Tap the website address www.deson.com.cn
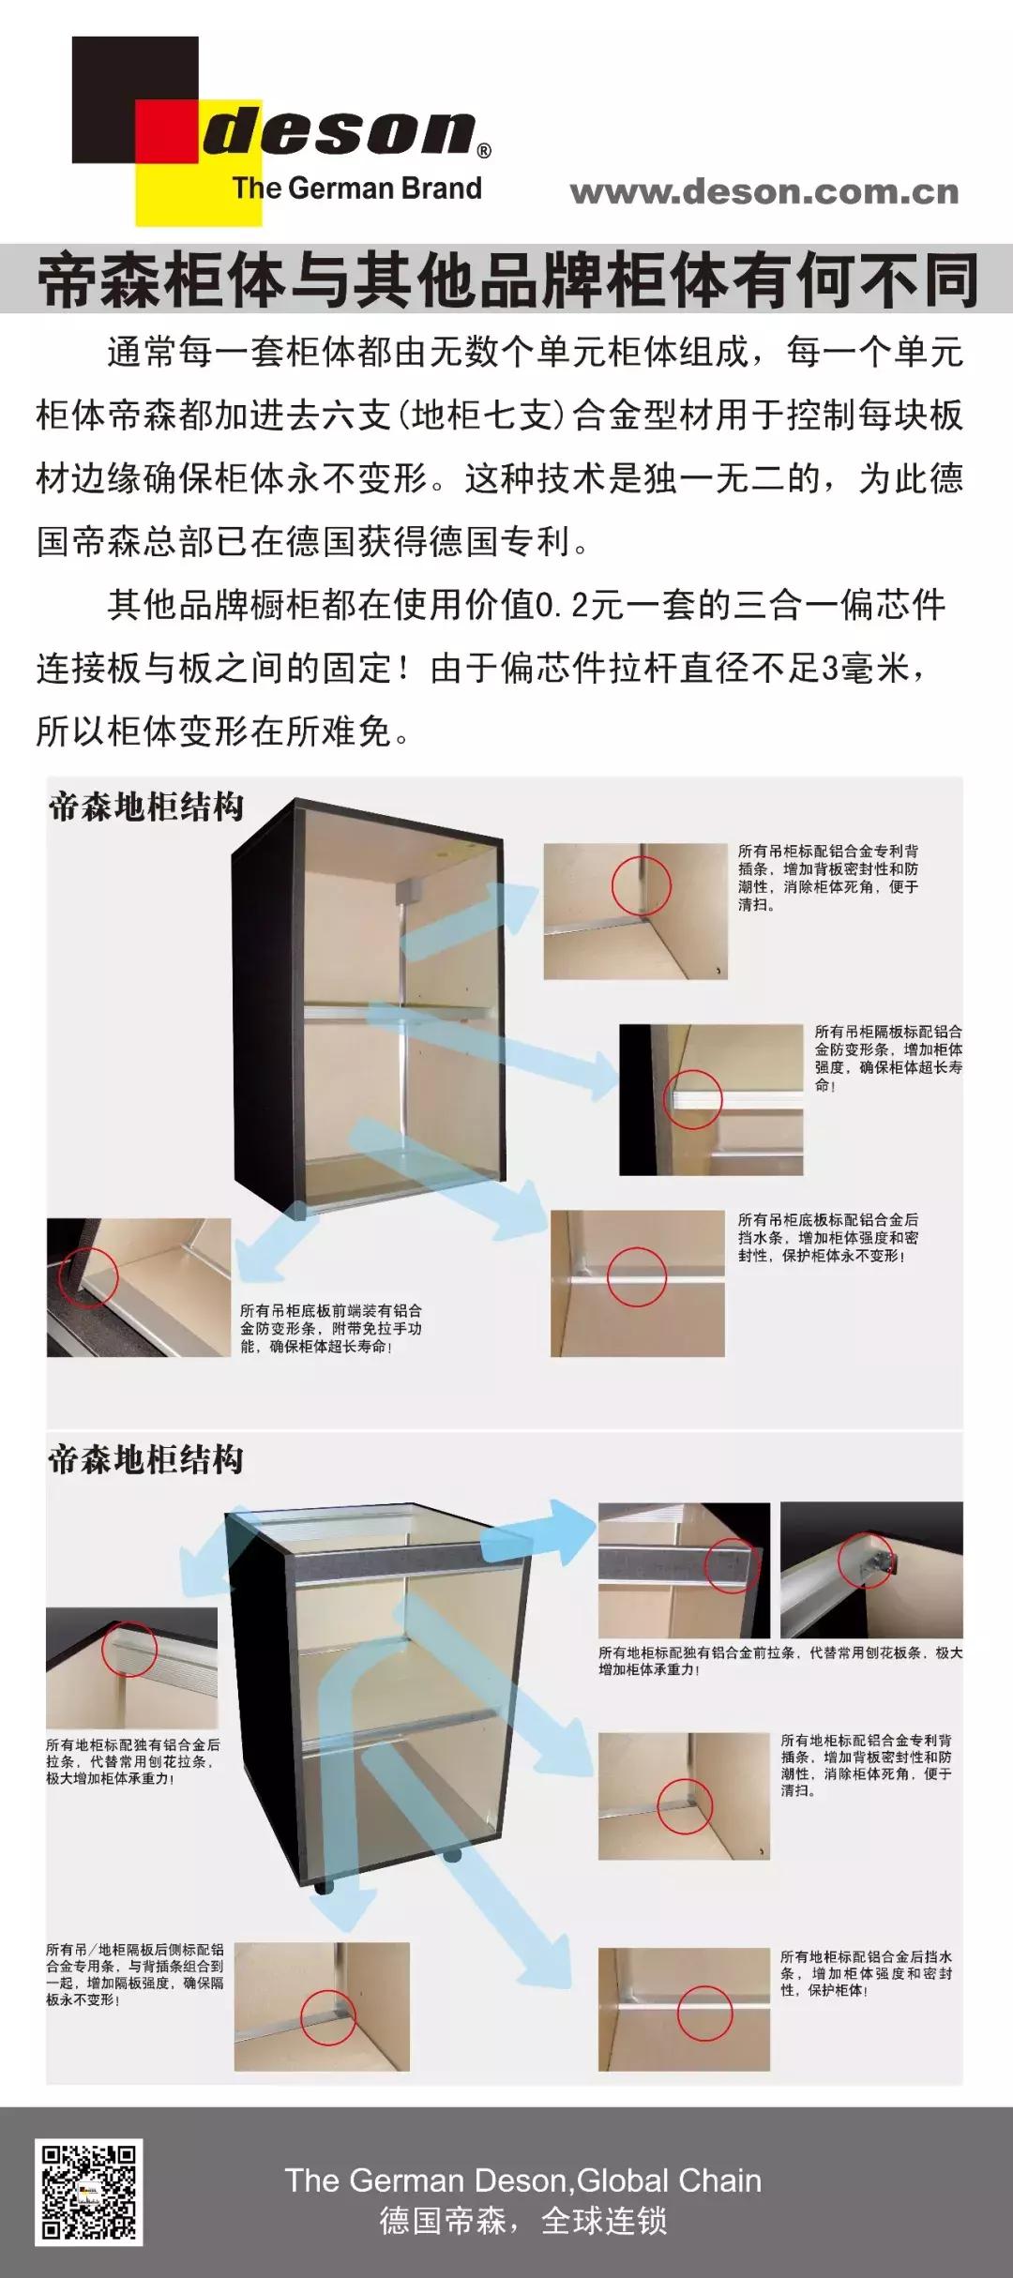pos(764,191)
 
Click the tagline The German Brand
pos(356,188)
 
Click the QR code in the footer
pos(87,2192)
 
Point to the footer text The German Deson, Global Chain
pos(522,2180)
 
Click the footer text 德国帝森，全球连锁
pos(522,2220)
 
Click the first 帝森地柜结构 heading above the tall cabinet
pos(146,807)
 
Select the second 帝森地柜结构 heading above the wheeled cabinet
pos(146,1459)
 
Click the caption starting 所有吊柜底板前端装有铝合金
pos(330,1328)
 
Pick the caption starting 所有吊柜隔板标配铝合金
pos(887,1058)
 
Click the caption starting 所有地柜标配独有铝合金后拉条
pos(132,1761)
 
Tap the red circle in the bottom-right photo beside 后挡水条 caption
pos(703,2012)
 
